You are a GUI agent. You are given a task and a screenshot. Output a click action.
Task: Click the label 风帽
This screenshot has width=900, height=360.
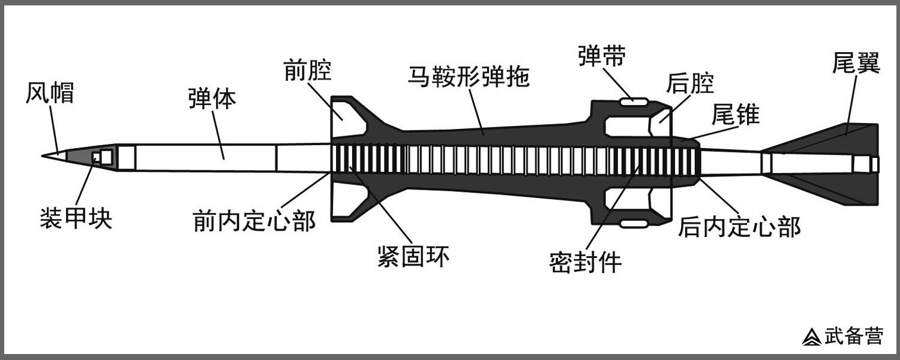click(50, 93)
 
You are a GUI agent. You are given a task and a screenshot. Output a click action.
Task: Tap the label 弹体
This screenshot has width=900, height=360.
click(212, 99)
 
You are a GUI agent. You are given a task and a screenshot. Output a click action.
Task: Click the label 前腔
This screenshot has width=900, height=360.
click(308, 72)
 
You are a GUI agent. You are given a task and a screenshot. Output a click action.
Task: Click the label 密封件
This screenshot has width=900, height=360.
click(585, 262)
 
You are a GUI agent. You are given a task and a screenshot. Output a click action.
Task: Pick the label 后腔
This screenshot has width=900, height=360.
click(691, 83)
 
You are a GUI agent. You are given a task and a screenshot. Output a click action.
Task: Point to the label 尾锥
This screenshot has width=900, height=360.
click(736, 114)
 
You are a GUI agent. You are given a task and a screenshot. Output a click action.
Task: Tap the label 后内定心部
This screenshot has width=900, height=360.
click(739, 227)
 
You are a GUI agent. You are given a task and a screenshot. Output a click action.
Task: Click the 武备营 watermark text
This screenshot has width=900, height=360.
click(853, 336)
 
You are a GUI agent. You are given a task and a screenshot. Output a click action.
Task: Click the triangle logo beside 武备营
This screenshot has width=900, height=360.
click(812, 337)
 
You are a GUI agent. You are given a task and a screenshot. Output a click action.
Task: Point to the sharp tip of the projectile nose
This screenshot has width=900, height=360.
click(43, 155)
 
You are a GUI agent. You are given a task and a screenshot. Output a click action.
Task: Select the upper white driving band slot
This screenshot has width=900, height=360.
click(634, 101)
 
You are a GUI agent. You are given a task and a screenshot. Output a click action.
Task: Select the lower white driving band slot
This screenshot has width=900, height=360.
click(634, 223)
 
